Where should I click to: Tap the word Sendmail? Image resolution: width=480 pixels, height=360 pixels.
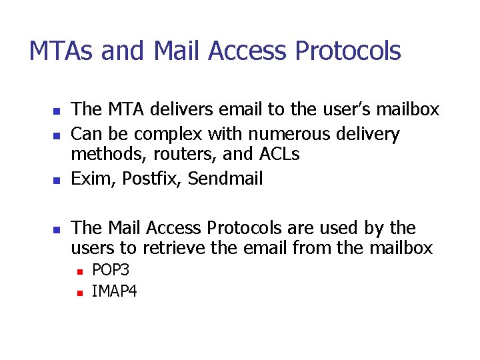click(x=226, y=179)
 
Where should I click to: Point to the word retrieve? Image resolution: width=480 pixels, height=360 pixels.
click(x=193, y=249)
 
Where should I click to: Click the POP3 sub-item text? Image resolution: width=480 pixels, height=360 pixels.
click(x=111, y=271)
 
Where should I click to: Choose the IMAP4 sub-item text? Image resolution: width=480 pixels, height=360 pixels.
click(x=115, y=291)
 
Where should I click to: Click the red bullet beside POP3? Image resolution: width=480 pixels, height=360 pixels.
click(x=79, y=271)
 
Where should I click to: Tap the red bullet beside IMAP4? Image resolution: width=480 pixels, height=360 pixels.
click(x=79, y=291)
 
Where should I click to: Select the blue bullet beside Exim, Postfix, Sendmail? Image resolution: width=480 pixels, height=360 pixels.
click(x=57, y=180)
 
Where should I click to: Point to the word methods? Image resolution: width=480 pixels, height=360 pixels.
click(x=101, y=155)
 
